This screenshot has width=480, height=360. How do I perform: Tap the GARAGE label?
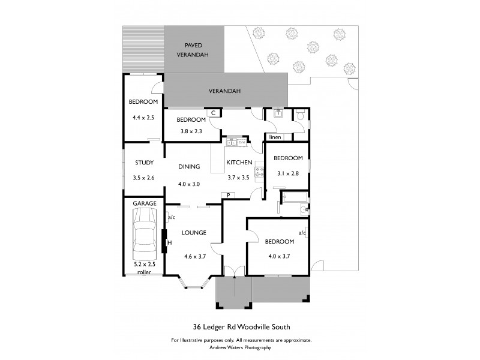pos(144,203)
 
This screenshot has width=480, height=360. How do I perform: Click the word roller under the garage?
pos(144,272)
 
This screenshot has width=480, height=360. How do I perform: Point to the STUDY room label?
pos(144,163)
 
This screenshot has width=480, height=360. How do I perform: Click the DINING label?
pos(188,167)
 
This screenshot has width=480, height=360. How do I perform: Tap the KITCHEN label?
pos(239,163)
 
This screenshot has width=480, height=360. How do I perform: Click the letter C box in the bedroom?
pos(213,112)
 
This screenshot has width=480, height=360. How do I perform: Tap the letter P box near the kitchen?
pos(228,195)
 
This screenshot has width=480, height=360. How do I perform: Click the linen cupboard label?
pos(275,137)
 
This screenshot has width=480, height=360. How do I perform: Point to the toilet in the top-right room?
pos(301,115)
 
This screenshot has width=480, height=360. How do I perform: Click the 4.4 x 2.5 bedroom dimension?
pos(143,118)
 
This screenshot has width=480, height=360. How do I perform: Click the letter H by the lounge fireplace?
pos(169,242)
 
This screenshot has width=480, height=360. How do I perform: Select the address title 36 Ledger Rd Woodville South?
pos(241,327)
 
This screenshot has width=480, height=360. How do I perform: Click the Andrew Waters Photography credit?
pos(241,347)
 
